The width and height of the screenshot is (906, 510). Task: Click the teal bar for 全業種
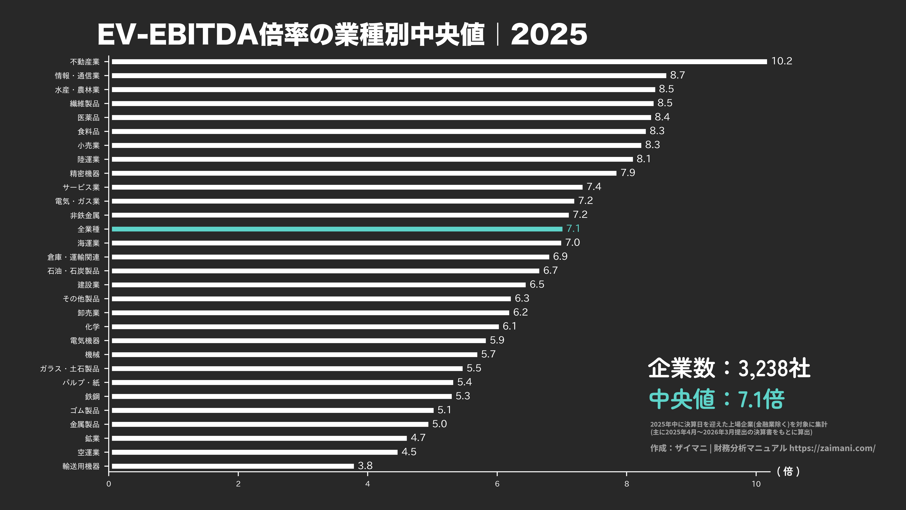(337, 229)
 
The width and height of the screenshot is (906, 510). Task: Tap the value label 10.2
(782, 61)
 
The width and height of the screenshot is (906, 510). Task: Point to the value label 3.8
(365, 466)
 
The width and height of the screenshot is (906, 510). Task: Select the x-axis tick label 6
(497, 484)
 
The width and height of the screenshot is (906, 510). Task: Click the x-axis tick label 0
(109, 484)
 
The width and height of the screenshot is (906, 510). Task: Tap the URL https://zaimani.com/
(832, 448)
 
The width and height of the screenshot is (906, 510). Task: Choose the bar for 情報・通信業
(389, 76)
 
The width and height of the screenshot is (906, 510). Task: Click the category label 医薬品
(88, 117)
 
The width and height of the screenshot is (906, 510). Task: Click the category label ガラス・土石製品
(70, 369)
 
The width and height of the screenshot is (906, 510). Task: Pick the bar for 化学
(305, 327)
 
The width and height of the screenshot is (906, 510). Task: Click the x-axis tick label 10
(756, 484)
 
